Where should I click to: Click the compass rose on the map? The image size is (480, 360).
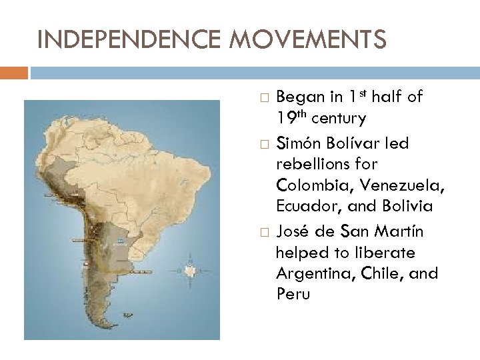(x=191, y=271)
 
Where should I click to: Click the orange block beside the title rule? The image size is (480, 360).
(x=14, y=71)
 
